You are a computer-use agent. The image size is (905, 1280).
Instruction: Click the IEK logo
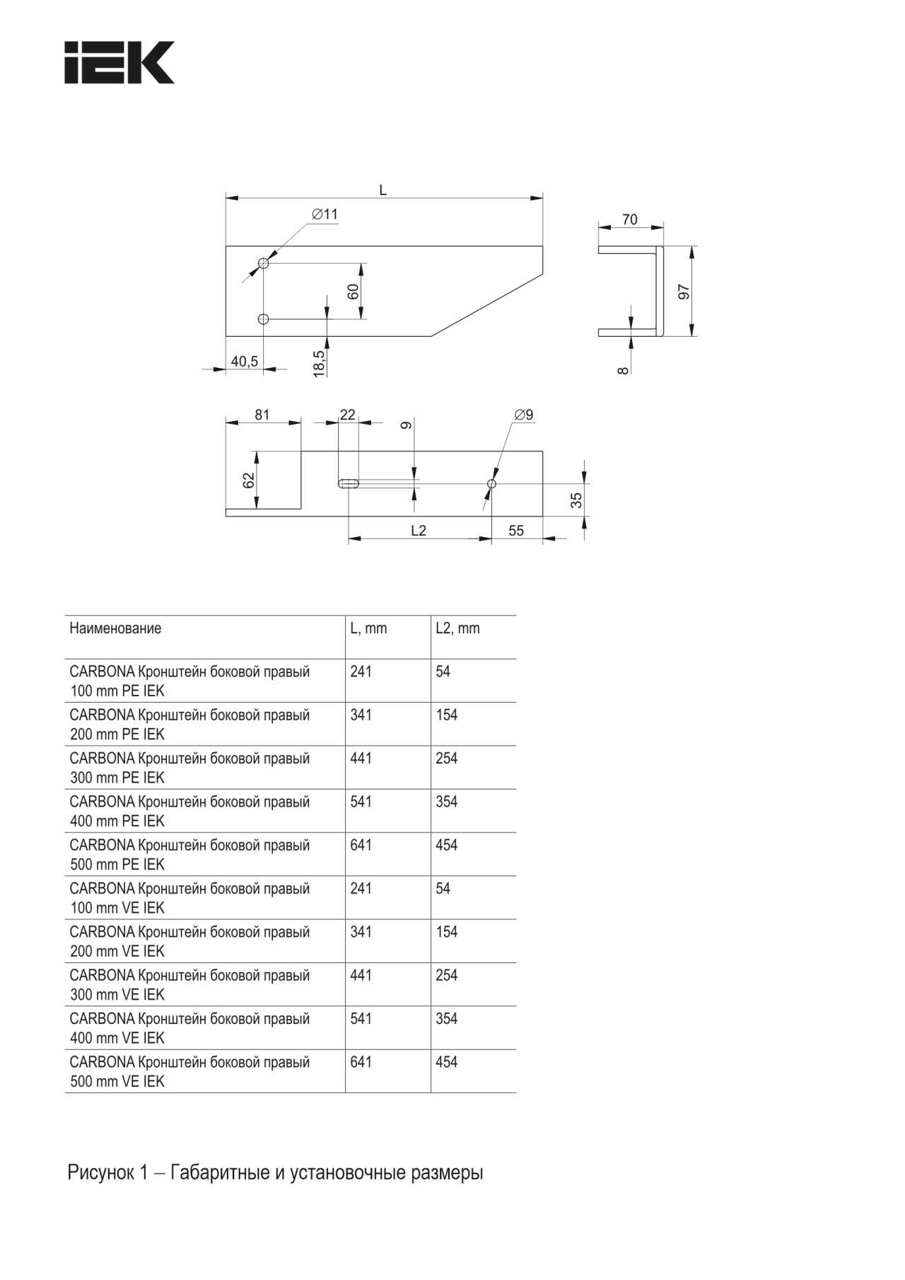tap(119, 63)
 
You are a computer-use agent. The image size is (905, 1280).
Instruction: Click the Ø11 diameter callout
tap(325, 214)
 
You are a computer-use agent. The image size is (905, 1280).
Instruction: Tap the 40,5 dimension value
tap(244, 362)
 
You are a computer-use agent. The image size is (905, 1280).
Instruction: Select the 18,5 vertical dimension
tap(320, 364)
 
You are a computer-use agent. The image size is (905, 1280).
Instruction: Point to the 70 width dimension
tap(629, 220)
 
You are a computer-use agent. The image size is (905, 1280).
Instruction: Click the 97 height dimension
tap(684, 292)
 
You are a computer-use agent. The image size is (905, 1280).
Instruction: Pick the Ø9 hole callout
tap(524, 415)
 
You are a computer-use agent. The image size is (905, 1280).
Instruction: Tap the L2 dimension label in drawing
tap(419, 531)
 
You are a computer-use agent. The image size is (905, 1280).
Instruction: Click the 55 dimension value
tap(516, 531)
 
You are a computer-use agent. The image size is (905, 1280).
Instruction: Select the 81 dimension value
tap(262, 415)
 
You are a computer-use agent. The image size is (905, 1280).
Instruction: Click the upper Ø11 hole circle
tap(264, 263)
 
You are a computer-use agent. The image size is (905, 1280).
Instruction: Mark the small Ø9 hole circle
tap(492, 484)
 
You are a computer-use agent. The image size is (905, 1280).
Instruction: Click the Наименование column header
tap(115, 628)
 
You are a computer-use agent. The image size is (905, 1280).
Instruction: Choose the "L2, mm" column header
tap(457, 628)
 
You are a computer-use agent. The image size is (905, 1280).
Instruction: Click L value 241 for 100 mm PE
tap(361, 671)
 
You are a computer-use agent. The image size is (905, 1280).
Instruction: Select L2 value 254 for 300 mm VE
tap(446, 976)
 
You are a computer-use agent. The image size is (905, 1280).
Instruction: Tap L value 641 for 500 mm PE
tap(361, 846)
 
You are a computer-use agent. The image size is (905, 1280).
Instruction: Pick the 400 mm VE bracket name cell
tap(189, 1028)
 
